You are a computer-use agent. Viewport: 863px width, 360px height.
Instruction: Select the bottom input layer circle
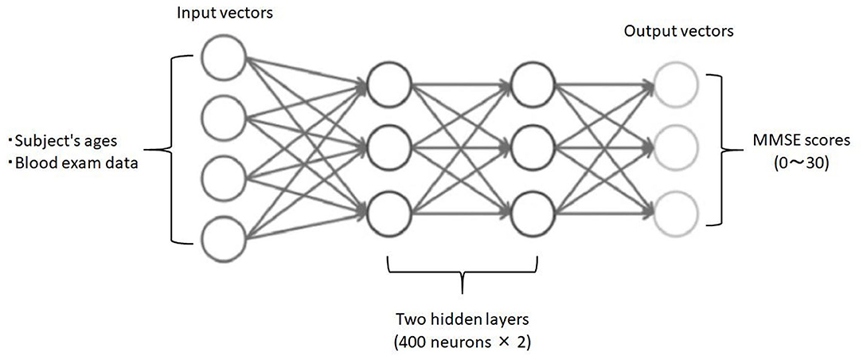225,237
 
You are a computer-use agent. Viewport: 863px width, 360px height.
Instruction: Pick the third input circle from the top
225,177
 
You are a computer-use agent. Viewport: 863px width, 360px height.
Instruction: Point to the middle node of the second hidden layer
533,147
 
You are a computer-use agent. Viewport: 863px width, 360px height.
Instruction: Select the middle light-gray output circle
674,147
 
